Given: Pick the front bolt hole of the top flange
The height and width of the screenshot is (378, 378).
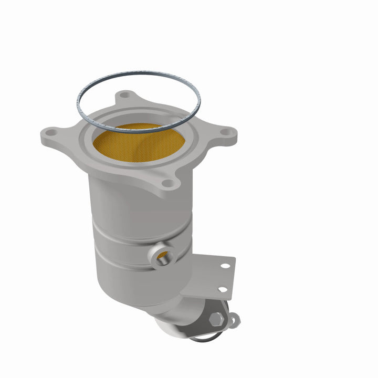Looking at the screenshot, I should click(x=167, y=183).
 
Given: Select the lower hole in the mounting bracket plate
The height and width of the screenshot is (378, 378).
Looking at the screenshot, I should click(x=223, y=289).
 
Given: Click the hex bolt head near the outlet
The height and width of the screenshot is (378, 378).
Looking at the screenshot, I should click(x=216, y=318).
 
